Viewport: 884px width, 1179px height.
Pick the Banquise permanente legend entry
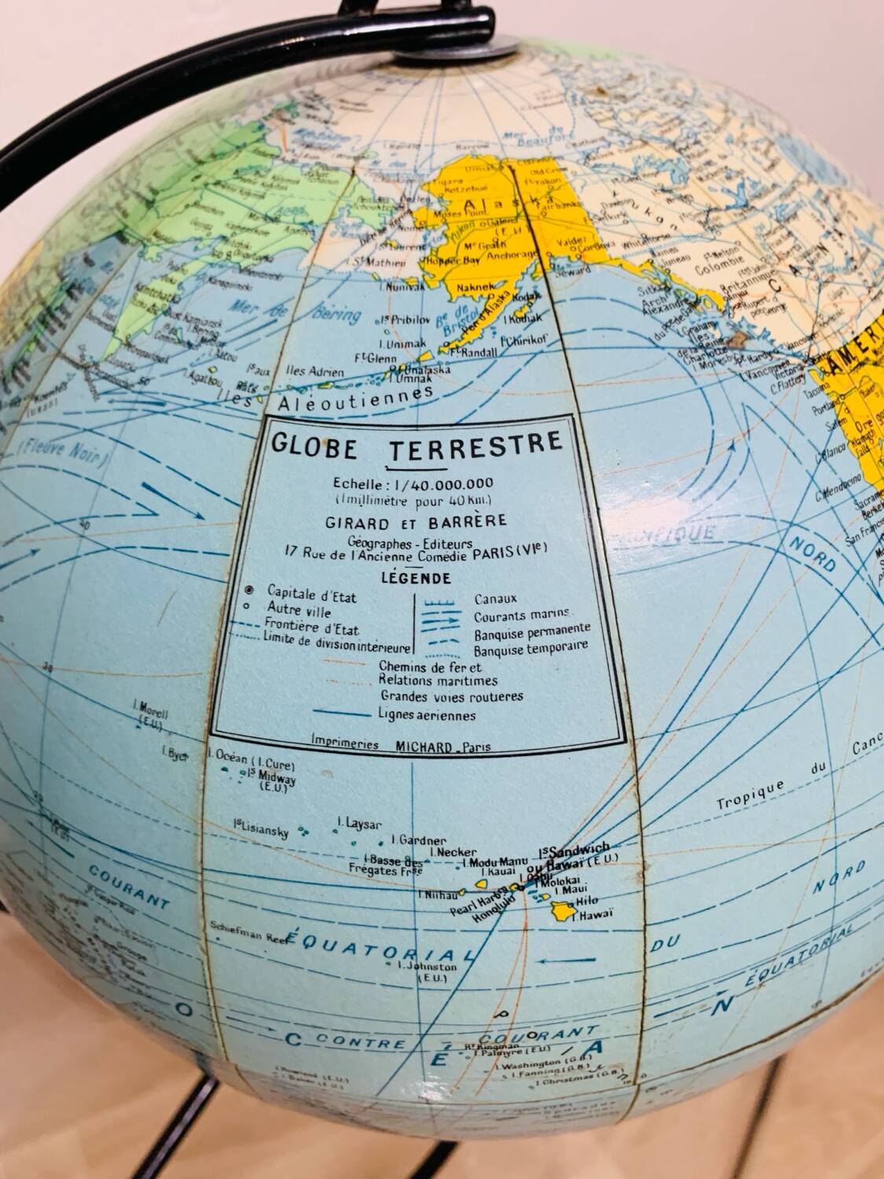click(x=532, y=633)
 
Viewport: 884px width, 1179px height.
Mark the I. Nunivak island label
click(x=401, y=288)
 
